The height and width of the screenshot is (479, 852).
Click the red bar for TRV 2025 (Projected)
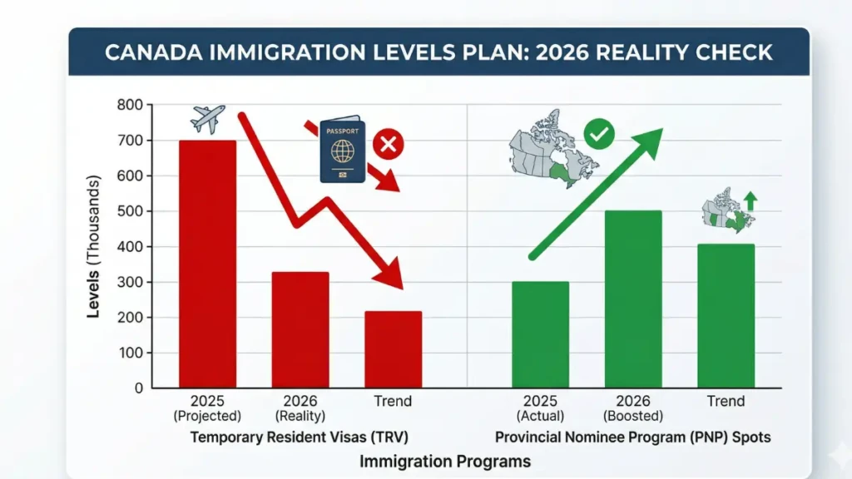coord(208,264)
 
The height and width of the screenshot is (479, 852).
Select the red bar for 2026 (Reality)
coord(300,330)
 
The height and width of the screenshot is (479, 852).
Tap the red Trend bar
coord(393,349)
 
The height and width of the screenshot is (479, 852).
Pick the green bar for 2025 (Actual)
coord(540,334)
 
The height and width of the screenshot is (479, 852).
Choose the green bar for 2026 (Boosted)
coord(633,299)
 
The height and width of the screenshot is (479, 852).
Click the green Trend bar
coord(726,316)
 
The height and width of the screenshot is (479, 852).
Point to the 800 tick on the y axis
coord(129,105)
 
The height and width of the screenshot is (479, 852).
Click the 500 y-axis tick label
coord(129,211)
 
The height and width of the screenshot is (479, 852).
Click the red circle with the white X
coord(387,145)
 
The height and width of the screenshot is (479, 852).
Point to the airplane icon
coord(208,119)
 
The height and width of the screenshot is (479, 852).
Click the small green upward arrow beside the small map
coord(750,200)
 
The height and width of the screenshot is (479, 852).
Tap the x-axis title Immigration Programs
coord(446,460)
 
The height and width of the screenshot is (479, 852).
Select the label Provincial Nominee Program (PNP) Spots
coord(632,437)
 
